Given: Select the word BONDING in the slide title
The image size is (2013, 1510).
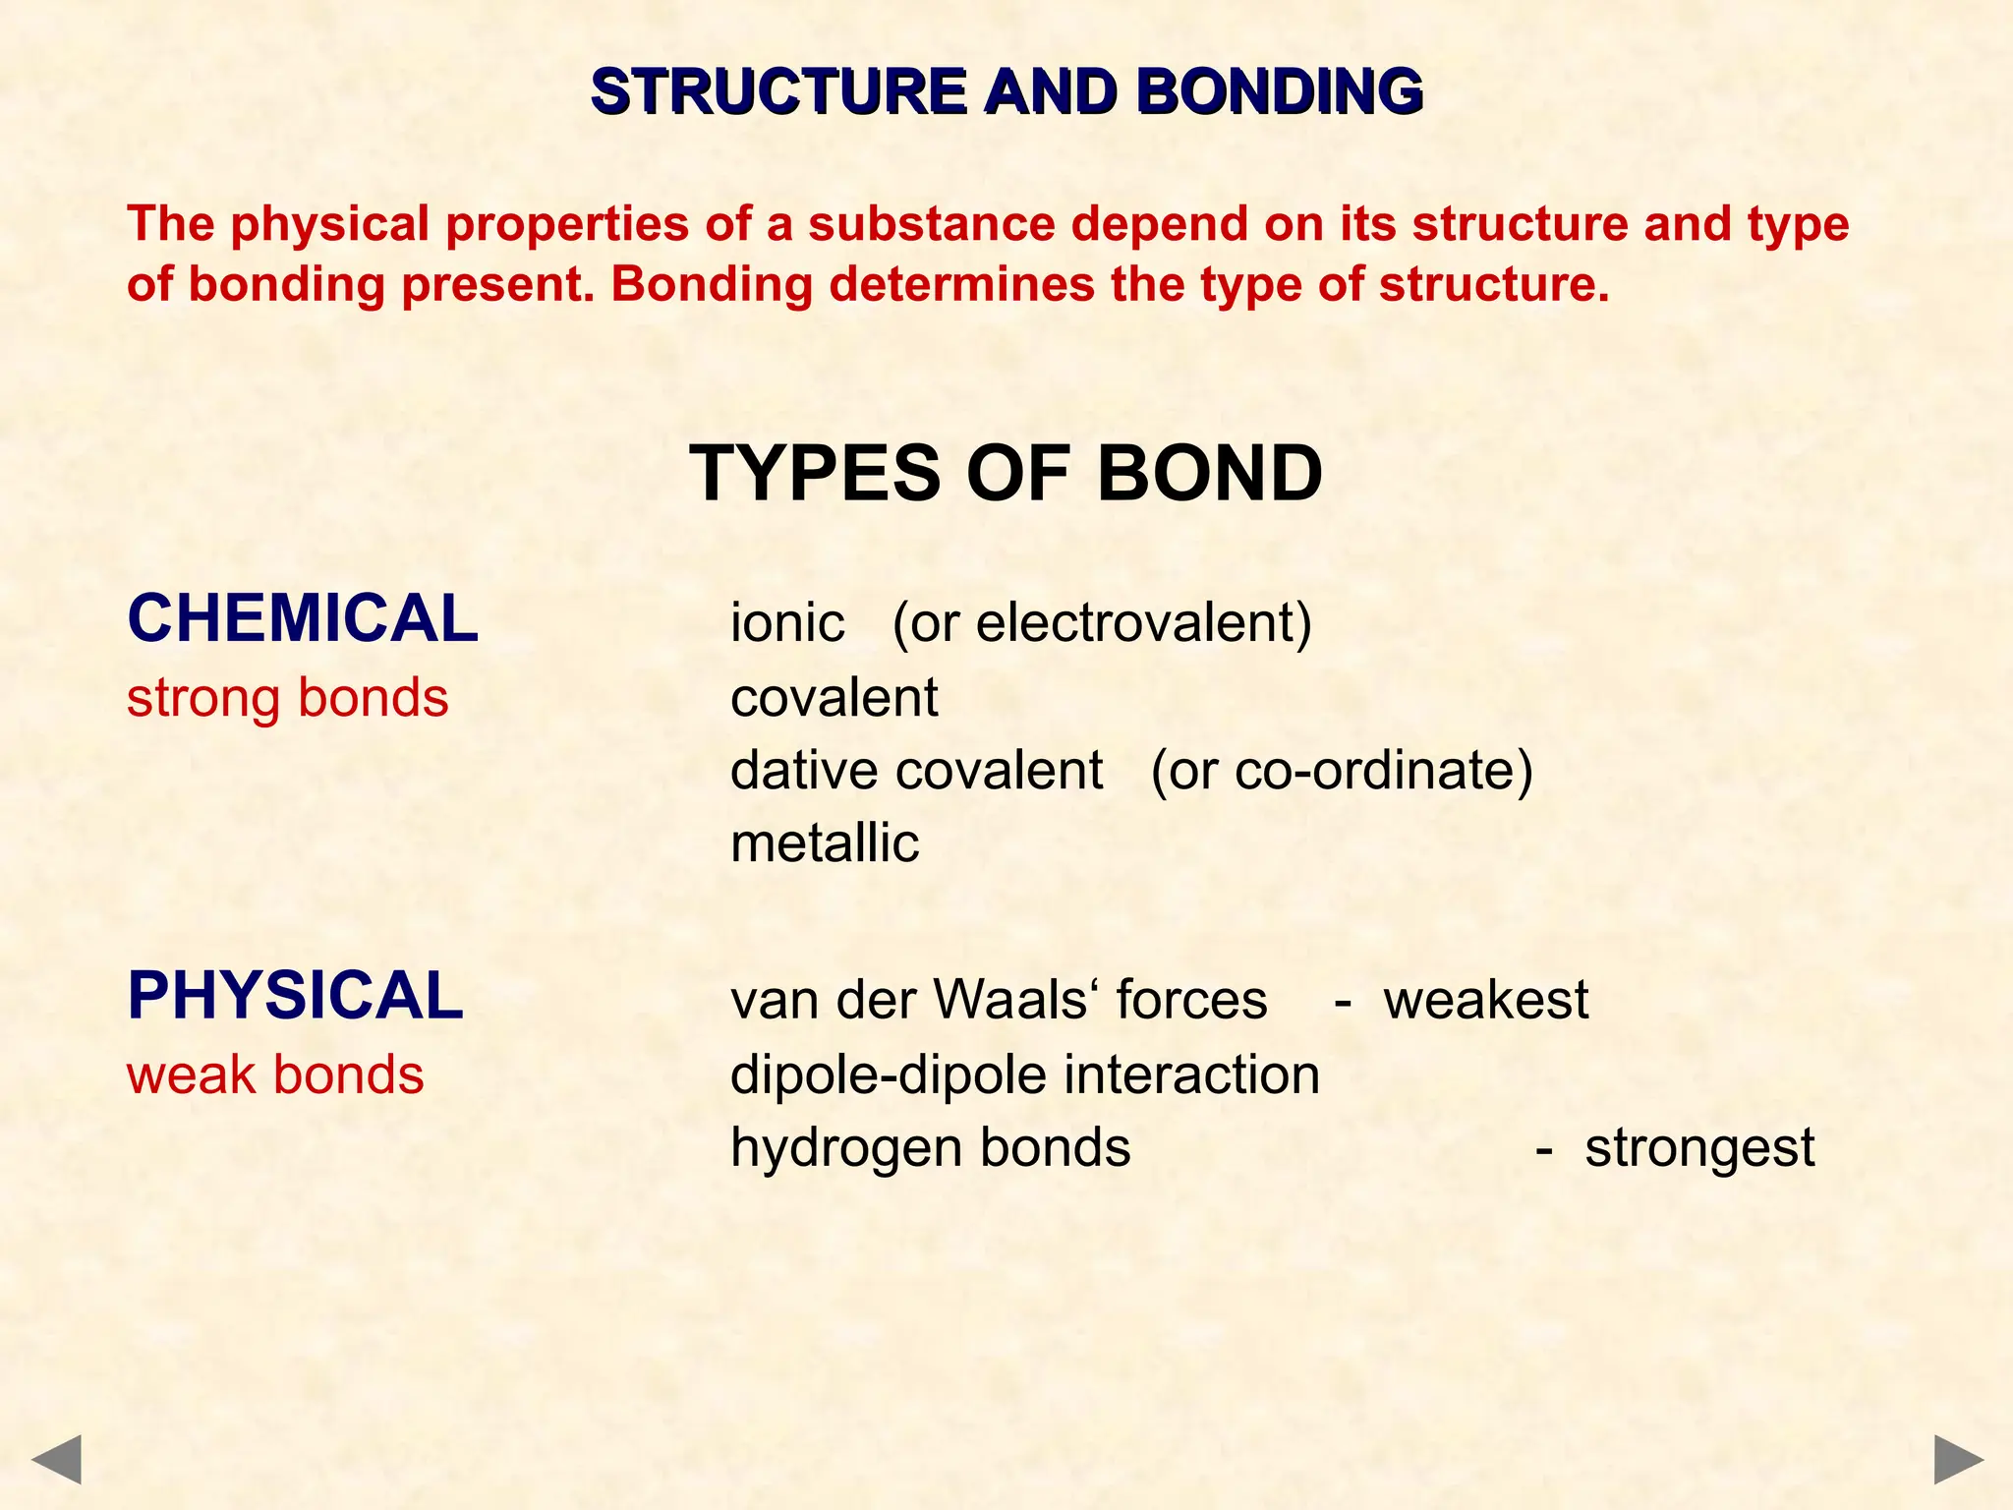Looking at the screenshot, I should click(x=1279, y=91).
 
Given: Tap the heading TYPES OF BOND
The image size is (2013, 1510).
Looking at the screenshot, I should click(x=1006, y=473).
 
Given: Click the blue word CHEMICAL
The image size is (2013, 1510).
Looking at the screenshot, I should click(x=303, y=618).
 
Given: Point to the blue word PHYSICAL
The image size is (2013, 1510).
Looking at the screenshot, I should click(x=295, y=995).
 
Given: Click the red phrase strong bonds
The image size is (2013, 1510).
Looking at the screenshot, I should click(x=287, y=698).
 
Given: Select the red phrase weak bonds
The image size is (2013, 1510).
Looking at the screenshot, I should click(x=275, y=1074).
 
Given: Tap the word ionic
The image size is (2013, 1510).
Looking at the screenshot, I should click(x=787, y=622).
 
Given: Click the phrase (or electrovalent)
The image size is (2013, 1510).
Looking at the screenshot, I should click(x=1102, y=623).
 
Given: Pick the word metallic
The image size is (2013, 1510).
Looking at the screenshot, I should click(x=825, y=843).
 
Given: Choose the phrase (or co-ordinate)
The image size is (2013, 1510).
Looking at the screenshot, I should click(x=1341, y=770).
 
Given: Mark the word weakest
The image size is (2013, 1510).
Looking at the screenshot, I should click(x=1485, y=1000).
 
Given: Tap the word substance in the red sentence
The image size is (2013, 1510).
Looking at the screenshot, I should click(x=931, y=223).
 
